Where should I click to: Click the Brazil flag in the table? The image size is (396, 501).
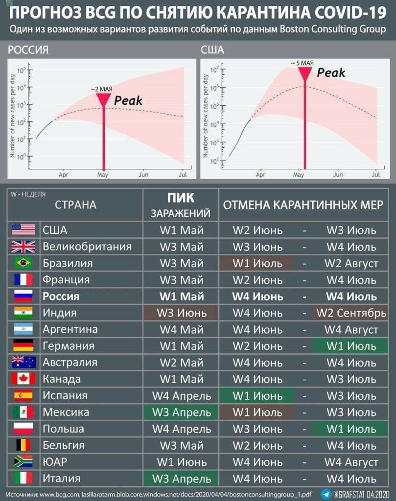(23, 263)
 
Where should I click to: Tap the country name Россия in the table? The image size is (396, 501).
(61, 296)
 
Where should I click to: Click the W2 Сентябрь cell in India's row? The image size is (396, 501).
(351, 313)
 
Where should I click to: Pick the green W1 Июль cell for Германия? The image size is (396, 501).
(351, 346)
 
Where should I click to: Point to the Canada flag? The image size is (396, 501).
(23, 379)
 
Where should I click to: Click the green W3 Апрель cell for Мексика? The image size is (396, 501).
(182, 412)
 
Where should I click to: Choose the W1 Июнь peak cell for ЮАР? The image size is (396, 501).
(182, 462)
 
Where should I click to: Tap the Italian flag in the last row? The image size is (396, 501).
(23, 478)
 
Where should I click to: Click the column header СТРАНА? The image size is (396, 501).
(75, 205)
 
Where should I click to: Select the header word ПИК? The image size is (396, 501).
(181, 198)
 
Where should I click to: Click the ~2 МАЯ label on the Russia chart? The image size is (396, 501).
(102, 89)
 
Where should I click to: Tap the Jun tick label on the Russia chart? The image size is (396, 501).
(143, 174)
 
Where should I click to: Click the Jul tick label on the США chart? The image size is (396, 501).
(376, 174)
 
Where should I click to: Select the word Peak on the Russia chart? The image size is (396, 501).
(128, 100)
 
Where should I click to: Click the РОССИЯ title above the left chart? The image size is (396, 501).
(28, 50)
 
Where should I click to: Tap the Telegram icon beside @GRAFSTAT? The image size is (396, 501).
(326, 494)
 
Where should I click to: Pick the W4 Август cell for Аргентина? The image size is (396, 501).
(351, 329)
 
